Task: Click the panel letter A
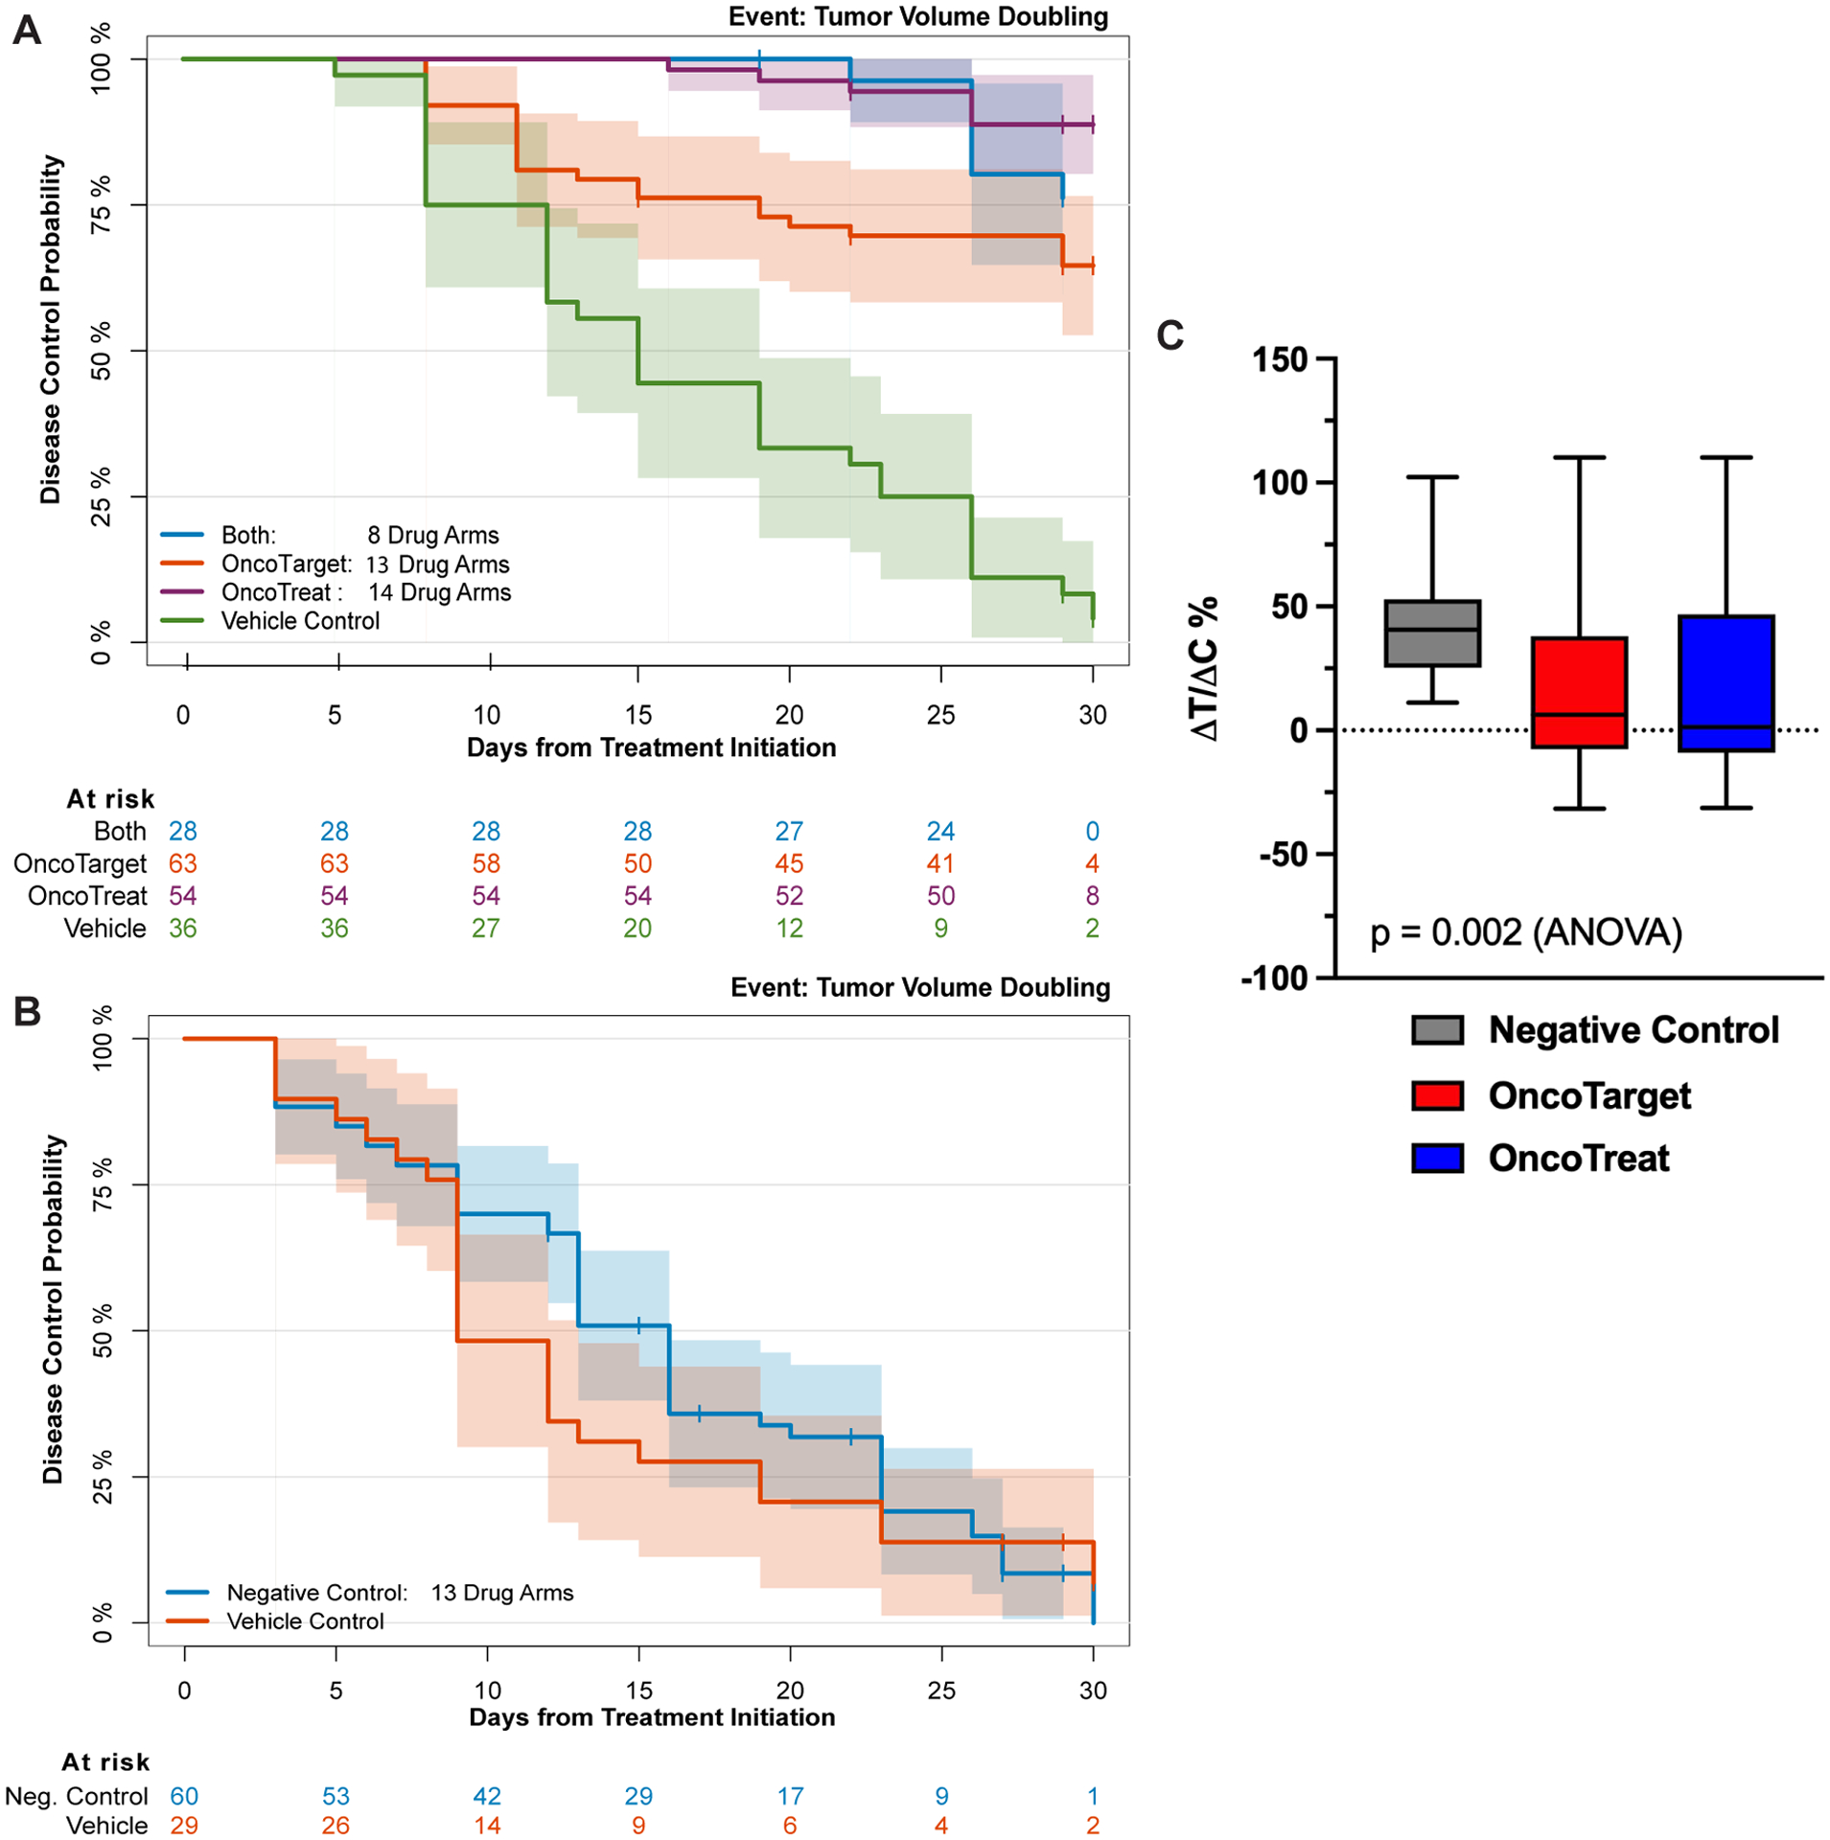point(27,31)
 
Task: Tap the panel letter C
point(1170,335)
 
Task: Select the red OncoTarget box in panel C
point(1578,691)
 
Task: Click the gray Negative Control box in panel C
point(1432,632)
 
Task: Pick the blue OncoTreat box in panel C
point(1726,682)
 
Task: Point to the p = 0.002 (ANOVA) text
point(1526,931)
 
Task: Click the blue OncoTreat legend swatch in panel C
point(1437,1158)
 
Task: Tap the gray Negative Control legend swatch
point(1437,1030)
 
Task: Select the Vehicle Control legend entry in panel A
point(300,621)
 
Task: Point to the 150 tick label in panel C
point(1280,360)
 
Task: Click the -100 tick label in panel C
point(1274,978)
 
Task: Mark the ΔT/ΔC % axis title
point(1205,668)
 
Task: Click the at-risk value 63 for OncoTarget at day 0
point(182,863)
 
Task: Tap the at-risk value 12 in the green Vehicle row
point(789,928)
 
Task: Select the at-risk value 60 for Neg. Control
point(184,1795)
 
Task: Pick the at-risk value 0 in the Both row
point(1092,831)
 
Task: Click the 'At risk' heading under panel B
point(105,1761)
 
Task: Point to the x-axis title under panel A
point(651,747)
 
